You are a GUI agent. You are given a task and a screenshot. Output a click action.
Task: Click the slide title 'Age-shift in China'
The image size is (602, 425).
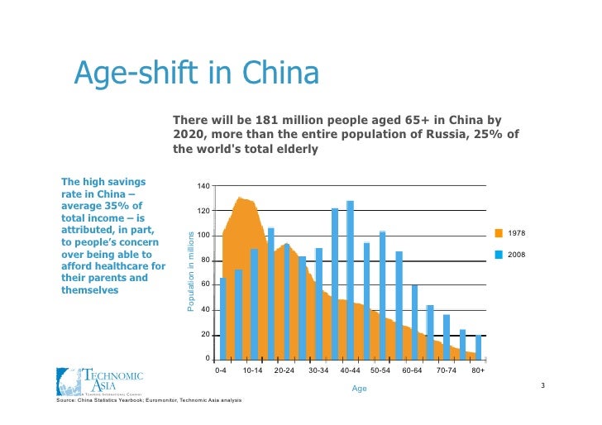point(196,74)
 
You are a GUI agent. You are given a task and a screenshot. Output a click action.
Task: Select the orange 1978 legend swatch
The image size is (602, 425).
point(499,233)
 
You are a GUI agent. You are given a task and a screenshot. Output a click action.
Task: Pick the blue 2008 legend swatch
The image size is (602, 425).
point(499,254)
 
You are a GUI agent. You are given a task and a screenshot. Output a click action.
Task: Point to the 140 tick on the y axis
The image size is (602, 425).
point(203,186)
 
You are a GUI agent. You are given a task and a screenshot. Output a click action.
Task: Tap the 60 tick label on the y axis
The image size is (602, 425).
point(204,285)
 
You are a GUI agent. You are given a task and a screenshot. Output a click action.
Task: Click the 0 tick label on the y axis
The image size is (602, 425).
point(207,359)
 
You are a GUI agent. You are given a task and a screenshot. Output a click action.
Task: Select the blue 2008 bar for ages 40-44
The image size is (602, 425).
point(351,279)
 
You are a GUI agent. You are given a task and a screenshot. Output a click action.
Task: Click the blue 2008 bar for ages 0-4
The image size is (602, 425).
point(223,318)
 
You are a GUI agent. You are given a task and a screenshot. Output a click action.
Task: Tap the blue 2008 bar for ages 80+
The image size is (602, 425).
point(479,346)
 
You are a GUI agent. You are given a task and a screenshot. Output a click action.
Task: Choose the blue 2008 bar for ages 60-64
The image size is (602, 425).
point(414,322)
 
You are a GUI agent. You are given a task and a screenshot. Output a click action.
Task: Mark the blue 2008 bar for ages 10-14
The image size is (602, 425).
point(255,303)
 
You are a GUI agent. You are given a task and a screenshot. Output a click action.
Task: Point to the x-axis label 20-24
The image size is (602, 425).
point(284,371)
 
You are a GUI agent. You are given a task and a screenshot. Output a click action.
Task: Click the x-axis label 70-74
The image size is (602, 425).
point(446,371)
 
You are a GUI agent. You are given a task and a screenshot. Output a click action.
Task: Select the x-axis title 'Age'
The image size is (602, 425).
point(359,388)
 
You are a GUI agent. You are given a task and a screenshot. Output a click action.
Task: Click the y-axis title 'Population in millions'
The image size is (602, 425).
point(189,271)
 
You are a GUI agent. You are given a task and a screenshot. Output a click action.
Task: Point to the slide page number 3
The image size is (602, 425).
point(542,386)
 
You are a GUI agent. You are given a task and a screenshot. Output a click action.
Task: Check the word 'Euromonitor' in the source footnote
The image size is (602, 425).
point(155,400)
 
